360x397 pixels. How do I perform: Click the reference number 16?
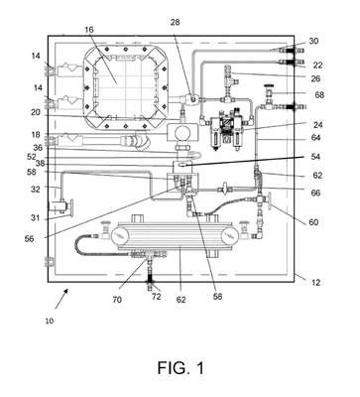(89, 30)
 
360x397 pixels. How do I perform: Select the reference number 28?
(176, 23)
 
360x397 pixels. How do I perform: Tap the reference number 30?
(313, 41)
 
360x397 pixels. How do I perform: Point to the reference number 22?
(317, 66)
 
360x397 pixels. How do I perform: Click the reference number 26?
(315, 78)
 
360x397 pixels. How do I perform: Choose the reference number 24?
(317, 125)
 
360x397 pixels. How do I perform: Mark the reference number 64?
(315, 137)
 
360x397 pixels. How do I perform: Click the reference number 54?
(315, 157)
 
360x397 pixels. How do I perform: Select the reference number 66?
(315, 193)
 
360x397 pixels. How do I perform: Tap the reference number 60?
(313, 222)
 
